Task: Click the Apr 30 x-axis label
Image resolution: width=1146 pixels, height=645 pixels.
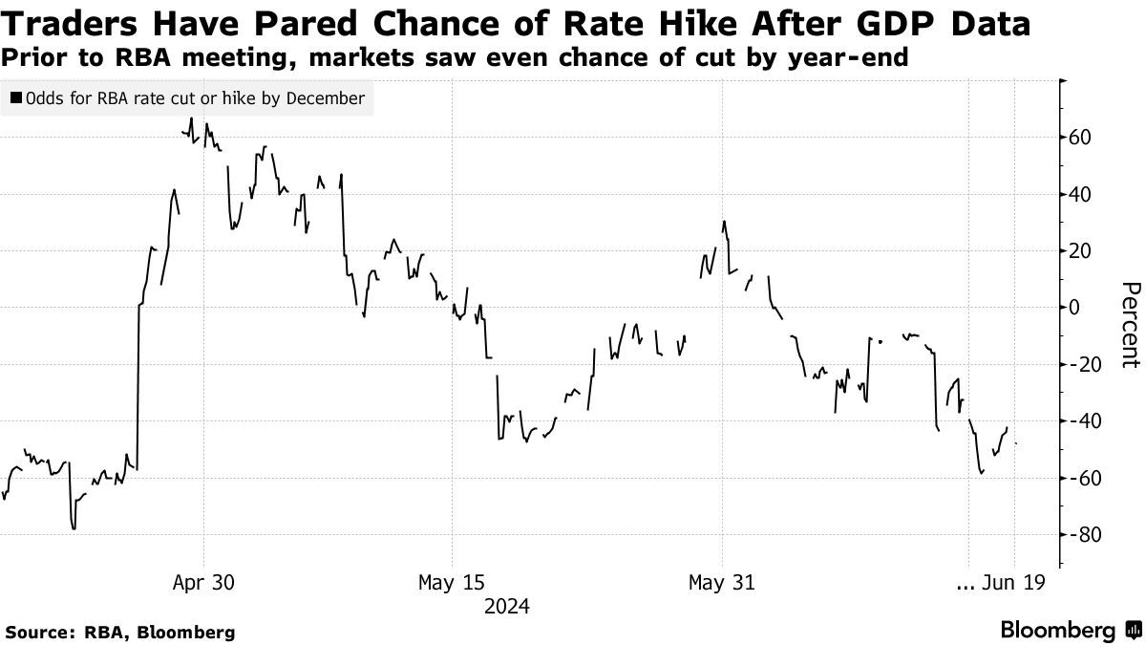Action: (204, 583)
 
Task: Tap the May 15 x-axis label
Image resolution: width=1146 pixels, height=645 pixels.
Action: (453, 583)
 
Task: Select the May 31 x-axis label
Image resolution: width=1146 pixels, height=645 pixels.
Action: (723, 583)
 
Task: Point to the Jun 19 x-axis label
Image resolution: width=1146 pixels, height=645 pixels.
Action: (1017, 583)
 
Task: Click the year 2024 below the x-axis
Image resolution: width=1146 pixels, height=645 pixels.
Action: (506, 607)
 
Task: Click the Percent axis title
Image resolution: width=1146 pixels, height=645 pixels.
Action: (1130, 325)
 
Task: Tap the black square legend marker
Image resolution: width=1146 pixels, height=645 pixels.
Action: (16, 98)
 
